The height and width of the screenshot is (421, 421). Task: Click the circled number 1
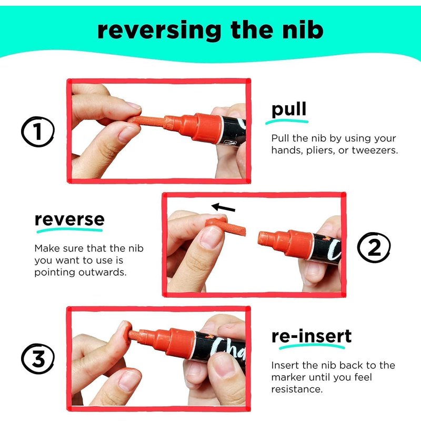[38, 132]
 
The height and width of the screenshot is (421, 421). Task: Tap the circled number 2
[374, 247]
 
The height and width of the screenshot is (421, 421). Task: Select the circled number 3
[38, 358]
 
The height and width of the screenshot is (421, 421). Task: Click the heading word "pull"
[288, 110]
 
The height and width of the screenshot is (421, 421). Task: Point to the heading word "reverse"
[69, 219]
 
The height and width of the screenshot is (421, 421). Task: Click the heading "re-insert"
[312, 336]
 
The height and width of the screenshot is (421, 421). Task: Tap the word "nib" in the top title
[303, 30]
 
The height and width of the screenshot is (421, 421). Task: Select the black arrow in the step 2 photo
[223, 207]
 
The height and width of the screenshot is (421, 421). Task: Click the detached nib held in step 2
[226, 227]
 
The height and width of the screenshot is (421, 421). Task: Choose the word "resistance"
[297, 389]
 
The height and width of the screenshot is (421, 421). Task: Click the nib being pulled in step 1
[146, 122]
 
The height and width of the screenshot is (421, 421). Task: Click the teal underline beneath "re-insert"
[312, 347]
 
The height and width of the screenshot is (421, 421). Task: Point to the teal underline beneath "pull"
[287, 122]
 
